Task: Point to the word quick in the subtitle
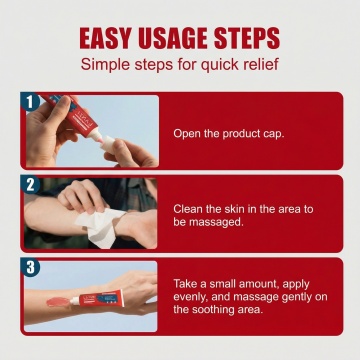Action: (218, 65)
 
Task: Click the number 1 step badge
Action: (30, 101)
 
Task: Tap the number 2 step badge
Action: (30, 184)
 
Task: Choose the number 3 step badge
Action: (30, 267)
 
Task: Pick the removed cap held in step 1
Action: (108, 144)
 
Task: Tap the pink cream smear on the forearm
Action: (58, 302)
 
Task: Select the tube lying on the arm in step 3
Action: (97, 298)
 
